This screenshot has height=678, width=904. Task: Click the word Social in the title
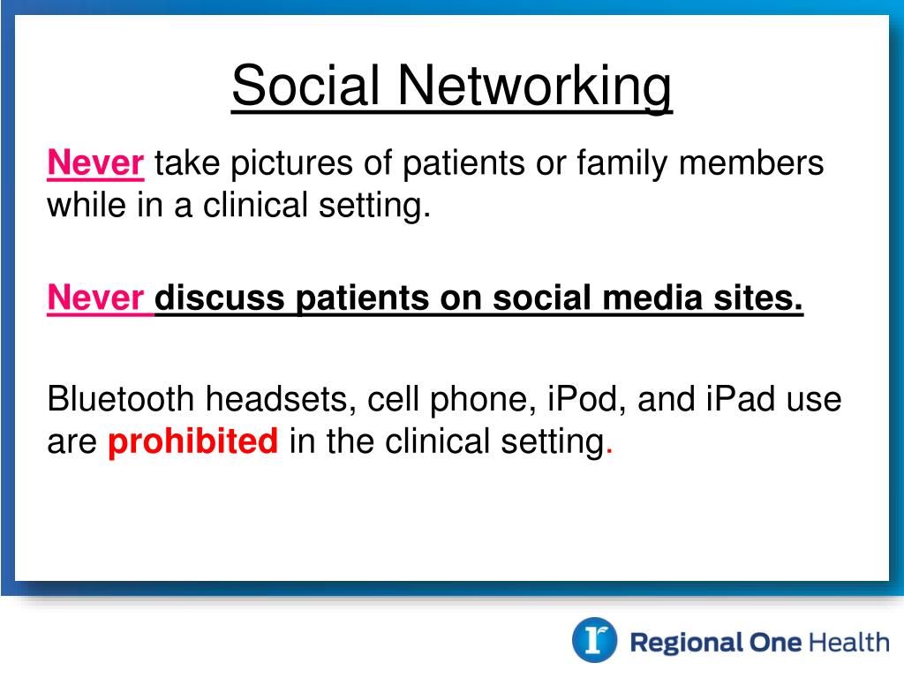(x=305, y=86)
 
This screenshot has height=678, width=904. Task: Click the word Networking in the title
(x=534, y=87)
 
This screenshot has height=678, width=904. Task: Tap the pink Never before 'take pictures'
(x=95, y=162)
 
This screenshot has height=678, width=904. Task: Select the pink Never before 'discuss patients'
(x=95, y=298)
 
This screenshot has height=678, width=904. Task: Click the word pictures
(x=291, y=163)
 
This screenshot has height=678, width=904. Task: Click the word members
(x=751, y=162)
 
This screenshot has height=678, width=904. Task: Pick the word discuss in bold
(x=220, y=298)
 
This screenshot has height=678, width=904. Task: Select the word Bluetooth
(x=120, y=398)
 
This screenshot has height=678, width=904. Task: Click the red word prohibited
(x=193, y=441)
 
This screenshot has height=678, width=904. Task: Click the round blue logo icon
(x=594, y=640)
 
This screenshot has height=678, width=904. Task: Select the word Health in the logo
(x=848, y=642)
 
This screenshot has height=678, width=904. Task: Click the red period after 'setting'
(x=609, y=453)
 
